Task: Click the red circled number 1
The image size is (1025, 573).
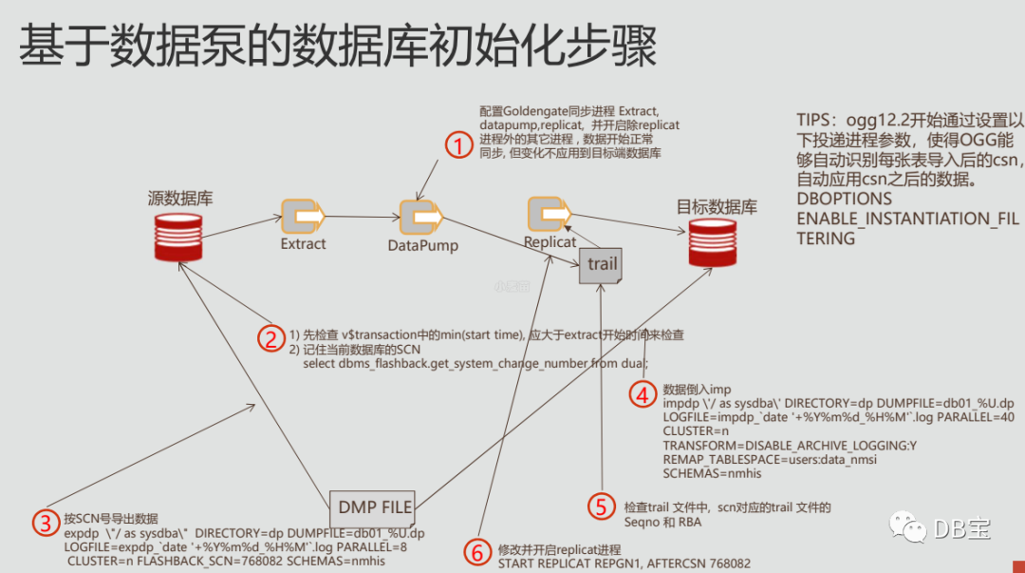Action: click(x=458, y=145)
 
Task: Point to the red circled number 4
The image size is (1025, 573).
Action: click(x=643, y=393)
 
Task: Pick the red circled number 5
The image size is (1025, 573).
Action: click(x=601, y=507)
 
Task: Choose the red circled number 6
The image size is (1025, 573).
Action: click(x=478, y=550)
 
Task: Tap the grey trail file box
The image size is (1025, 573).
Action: click(x=602, y=264)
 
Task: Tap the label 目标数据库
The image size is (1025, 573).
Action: click(x=717, y=207)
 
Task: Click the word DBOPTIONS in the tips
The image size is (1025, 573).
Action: click(x=844, y=200)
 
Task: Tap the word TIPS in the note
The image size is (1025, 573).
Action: click(x=818, y=121)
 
